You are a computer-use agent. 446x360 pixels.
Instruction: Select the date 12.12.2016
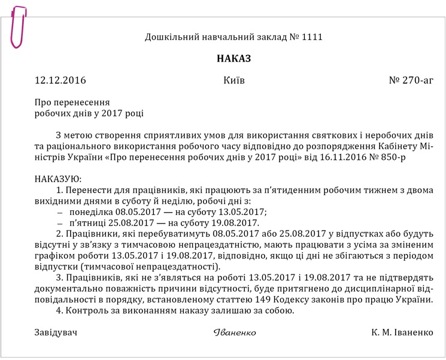tap(60, 80)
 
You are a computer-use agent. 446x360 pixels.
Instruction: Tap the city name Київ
tap(233, 80)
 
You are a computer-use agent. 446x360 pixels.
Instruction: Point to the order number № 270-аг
tap(411, 80)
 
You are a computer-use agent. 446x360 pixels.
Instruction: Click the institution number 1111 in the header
tap(311, 37)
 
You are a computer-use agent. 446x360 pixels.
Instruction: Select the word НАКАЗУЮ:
tap(57, 179)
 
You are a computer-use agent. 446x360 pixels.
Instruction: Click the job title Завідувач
tap(56, 332)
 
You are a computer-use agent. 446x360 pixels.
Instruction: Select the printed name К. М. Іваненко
tap(402, 332)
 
